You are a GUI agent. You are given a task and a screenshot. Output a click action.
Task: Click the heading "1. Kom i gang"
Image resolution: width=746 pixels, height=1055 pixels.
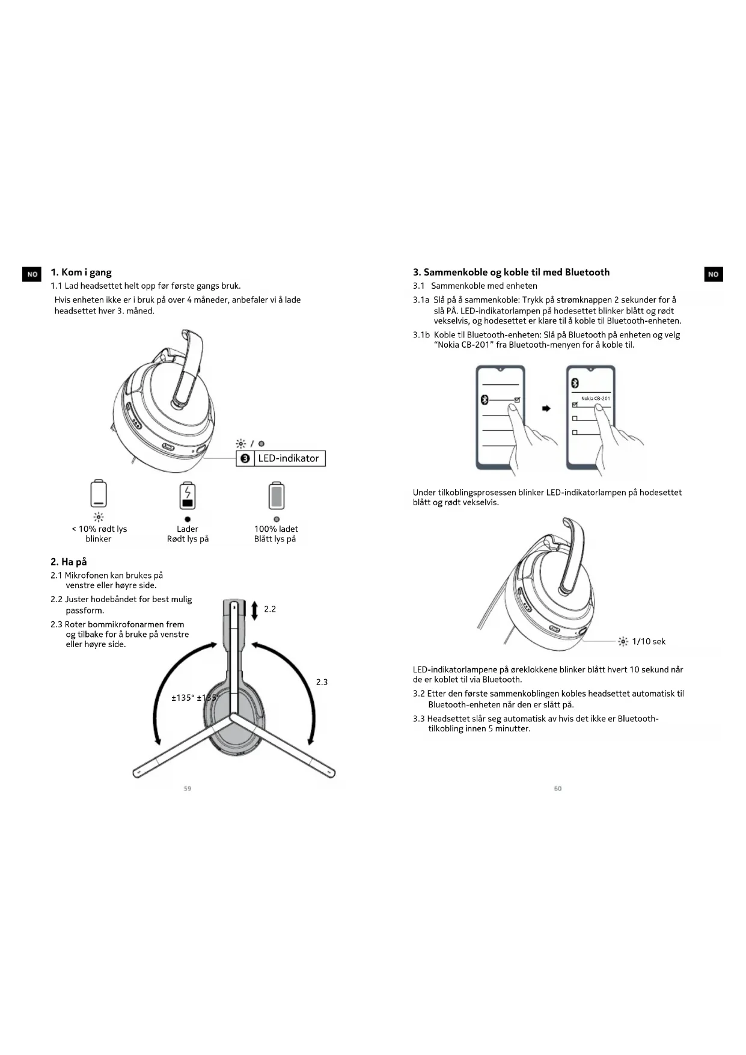81,272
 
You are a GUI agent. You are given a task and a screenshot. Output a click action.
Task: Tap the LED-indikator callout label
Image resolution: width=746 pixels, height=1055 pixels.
288,458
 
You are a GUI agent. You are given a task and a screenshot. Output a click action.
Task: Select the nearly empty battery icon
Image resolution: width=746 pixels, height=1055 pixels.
99,494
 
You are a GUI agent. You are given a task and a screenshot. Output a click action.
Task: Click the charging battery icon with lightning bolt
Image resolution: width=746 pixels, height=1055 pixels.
188,495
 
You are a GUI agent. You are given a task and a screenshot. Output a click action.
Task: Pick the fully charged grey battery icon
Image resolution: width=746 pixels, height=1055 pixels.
276,495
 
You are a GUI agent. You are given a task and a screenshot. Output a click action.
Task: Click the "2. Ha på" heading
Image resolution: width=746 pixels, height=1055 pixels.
69,562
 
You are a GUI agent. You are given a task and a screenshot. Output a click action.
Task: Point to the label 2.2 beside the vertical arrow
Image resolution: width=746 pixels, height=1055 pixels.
270,609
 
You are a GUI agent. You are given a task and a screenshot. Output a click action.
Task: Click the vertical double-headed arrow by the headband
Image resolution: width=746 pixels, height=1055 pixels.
254,610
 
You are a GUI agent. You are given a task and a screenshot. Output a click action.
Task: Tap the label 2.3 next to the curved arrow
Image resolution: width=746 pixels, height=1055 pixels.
322,682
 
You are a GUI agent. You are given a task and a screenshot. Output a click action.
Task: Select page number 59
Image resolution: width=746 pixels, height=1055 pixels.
188,789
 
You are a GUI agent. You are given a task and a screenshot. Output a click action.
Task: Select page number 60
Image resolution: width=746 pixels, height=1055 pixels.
558,789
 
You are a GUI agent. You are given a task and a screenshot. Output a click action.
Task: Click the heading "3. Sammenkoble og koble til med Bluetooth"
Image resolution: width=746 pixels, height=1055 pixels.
511,272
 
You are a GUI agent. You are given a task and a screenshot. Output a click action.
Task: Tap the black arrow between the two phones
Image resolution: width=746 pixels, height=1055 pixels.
546,408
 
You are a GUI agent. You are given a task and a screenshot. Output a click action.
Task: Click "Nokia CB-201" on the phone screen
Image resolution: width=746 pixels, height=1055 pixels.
595,398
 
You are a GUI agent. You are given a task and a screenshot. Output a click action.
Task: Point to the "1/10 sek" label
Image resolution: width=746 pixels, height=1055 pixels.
649,642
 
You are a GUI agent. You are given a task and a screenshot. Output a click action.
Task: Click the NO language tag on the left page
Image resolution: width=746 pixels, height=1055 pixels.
32,274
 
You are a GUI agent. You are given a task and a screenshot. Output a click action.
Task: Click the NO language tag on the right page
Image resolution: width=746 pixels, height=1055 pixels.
713,274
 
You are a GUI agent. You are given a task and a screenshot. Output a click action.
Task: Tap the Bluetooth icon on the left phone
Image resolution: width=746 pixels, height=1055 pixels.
485,400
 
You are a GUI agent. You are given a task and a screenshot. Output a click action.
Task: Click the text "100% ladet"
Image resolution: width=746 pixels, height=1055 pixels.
276,529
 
